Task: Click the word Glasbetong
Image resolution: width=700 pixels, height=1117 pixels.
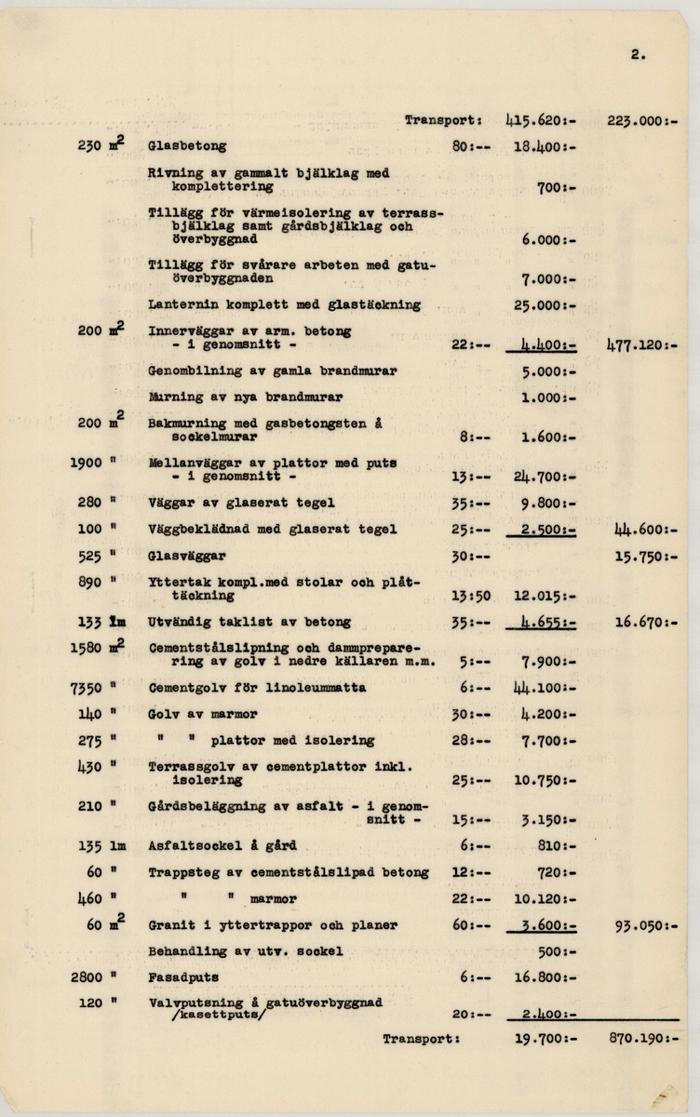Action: click(187, 146)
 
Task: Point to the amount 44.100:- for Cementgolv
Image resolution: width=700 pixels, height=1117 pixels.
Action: click(542, 688)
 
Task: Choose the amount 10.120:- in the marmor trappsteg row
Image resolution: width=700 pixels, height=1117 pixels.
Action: click(544, 899)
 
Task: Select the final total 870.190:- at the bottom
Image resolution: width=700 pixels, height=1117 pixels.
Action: click(642, 1038)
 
